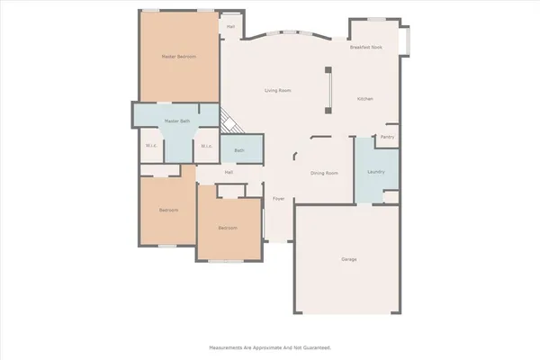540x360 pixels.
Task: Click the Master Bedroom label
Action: click(179, 56)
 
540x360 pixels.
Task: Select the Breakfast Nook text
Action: click(365, 47)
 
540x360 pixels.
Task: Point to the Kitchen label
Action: click(364, 99)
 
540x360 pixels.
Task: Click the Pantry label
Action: click(387, 137)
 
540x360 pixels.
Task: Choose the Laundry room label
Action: click(376, 172)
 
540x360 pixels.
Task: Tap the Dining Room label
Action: click(324, 173)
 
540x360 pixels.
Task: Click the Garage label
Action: click(348, 259)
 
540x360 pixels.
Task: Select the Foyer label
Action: click(278, 198)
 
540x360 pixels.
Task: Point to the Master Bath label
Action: click(176, 121)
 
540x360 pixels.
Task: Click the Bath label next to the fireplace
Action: click(238, 150)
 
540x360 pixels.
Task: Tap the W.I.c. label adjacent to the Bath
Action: click(205, 146)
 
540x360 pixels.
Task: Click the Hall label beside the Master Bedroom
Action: click(231, 26)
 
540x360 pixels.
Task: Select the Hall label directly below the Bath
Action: click(229, 172)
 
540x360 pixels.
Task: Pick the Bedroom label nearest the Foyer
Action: click(228, 228)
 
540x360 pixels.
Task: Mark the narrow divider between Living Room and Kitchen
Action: click(328, 89)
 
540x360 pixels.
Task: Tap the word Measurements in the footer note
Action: click(231, 346)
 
